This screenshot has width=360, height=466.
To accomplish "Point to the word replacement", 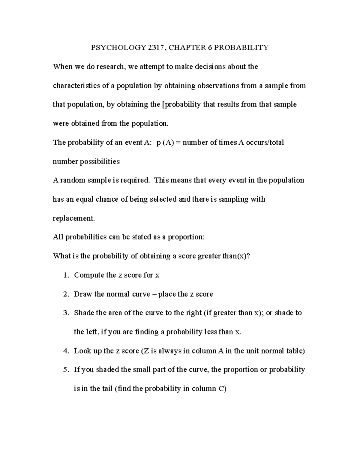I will click(73, 218).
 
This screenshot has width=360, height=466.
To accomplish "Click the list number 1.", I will click(66, 275).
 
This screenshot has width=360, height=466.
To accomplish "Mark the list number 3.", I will click(66, 313).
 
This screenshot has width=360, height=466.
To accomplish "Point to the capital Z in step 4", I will click(145, 351).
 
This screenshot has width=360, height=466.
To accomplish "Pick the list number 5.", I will click(66, 370).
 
